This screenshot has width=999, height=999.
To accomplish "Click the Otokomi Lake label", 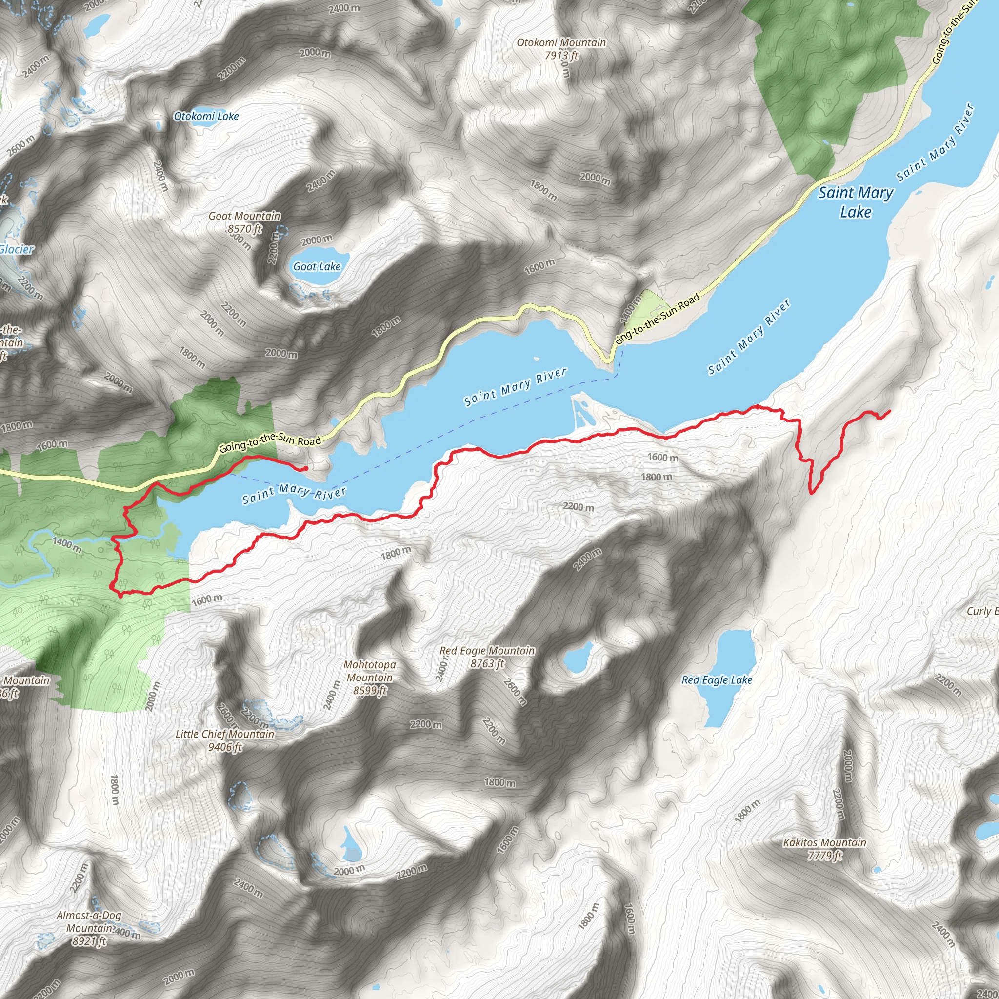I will [x=206, y=117].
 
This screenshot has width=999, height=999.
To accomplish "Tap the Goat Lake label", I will [x=317, y=267].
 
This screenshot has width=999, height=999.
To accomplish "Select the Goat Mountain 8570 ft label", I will [x=244, y=222].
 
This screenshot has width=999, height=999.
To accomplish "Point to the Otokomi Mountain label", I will [x=561, y=42].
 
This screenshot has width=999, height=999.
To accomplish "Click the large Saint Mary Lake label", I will [x=856, y=201].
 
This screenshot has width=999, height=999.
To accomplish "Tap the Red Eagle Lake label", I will [x=717, y=680].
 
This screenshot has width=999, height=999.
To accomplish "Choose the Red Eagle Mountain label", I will [x=487, y=651].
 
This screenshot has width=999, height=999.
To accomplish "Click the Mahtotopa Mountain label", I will [x=370, y=671].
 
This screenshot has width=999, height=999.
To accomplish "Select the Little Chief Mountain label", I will [x=225, y=734].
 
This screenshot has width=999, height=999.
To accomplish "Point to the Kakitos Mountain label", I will [x=824, y=843].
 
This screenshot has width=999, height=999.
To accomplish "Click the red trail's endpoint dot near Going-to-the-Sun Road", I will [x=305, y=468].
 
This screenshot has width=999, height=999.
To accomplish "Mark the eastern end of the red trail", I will [x=889, y=412].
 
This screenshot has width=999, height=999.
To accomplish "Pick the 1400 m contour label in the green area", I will [x=67, y=544].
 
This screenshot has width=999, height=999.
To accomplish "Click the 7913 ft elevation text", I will [x=561, y=55].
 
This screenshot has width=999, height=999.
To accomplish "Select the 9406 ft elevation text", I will [x=225, y=747].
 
